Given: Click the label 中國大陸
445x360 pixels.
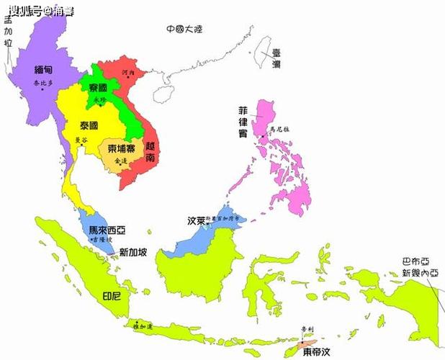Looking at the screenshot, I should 184,30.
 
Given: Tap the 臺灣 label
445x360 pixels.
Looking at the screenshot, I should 276,58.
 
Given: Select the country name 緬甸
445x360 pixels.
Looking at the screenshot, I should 43,71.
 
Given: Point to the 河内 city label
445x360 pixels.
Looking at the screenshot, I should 128,73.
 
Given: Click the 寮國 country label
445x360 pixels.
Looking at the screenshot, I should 99,88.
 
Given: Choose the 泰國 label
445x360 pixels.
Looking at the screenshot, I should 90,124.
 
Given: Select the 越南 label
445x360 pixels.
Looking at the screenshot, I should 152,150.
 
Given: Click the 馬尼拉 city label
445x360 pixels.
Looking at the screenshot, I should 279,130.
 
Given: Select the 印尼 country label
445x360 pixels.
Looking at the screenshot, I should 112,296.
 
